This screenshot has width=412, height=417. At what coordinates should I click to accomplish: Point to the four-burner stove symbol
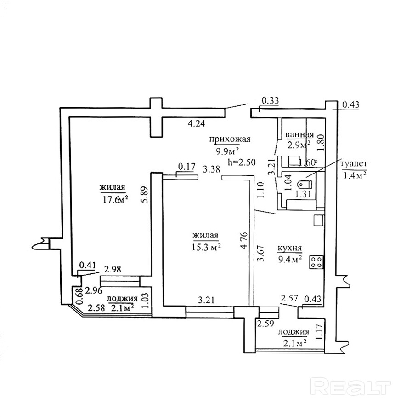click(x=316, y=262)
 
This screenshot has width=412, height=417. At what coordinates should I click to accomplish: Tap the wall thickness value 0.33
click(x=271, y=100)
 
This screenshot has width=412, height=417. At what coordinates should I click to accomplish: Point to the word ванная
click(x=299, y=135)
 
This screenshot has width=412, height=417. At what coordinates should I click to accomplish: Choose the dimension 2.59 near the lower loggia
click(x=265, y=323)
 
